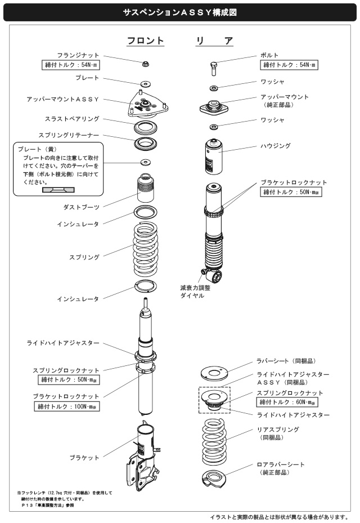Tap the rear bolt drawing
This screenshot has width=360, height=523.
coord(214,69)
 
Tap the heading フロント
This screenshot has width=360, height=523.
coord(145,41)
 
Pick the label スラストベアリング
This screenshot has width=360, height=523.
coord(72,119)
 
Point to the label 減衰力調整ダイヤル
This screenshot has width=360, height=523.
coord(191,291)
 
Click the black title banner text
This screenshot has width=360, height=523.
coord(180,11)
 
